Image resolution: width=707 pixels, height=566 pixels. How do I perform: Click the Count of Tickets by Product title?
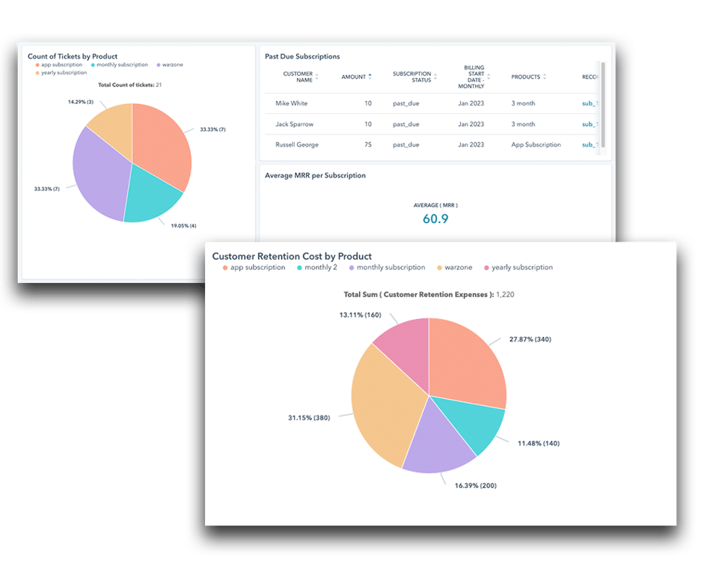click(73, 56)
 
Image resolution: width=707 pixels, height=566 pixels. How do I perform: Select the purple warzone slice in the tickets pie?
click(100, 179)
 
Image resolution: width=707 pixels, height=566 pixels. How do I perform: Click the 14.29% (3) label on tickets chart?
click(81, 102)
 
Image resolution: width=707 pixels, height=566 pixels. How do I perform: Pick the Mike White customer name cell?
click(291, 103)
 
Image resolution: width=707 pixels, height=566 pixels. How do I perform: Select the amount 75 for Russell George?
click(367, 144)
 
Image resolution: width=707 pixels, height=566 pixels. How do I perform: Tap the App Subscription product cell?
click(536, 144)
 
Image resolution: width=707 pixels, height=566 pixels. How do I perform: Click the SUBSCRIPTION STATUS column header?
click(412, 77)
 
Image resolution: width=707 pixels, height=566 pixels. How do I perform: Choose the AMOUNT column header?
click(354, 77)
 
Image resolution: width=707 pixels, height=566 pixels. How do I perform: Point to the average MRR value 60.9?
click(435, 219)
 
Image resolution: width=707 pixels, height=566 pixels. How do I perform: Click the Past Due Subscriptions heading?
click(302, 56)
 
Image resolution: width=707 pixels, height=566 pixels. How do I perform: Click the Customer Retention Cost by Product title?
click(292, 256)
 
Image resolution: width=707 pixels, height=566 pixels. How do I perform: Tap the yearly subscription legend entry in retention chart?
click(522, 267)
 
